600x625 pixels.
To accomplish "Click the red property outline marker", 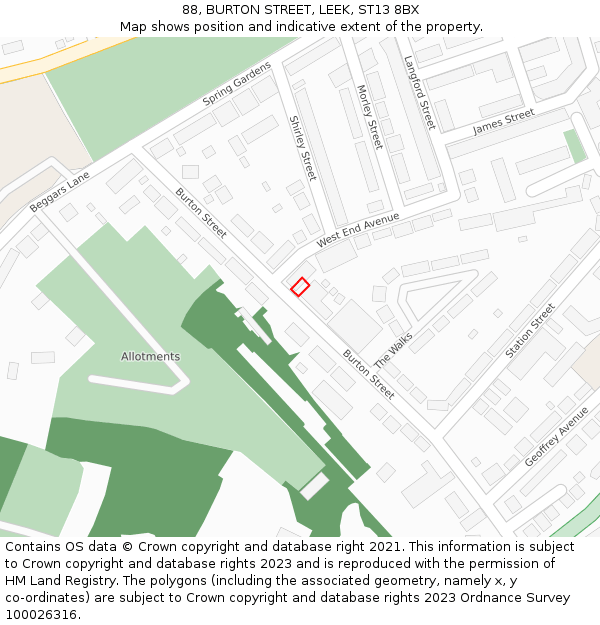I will click(x=300, y=287).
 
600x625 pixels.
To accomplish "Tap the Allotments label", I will click(x=150, y=356).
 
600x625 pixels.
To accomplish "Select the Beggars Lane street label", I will click(x=60, y=191).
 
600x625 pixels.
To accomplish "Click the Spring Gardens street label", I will click(x=237, y=84).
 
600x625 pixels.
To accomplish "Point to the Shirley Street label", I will click(x=302, y=148).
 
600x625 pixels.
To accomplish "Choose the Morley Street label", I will click(x=369, y=117).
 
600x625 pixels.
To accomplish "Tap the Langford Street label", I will click(x=419, y=92).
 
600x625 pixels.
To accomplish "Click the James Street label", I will click(x=504, y=122).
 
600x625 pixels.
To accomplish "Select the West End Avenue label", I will click(x=358, y=230).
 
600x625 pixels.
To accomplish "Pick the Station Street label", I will click(x=529, y=331).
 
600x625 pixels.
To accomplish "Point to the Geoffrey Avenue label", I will click(x=556, y=437).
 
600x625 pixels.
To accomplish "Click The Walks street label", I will click(x=393, y=350).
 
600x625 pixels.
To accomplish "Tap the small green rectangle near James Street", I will click(x=575, y=146).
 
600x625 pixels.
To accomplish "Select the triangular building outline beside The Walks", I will click(x=431, y=299).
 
